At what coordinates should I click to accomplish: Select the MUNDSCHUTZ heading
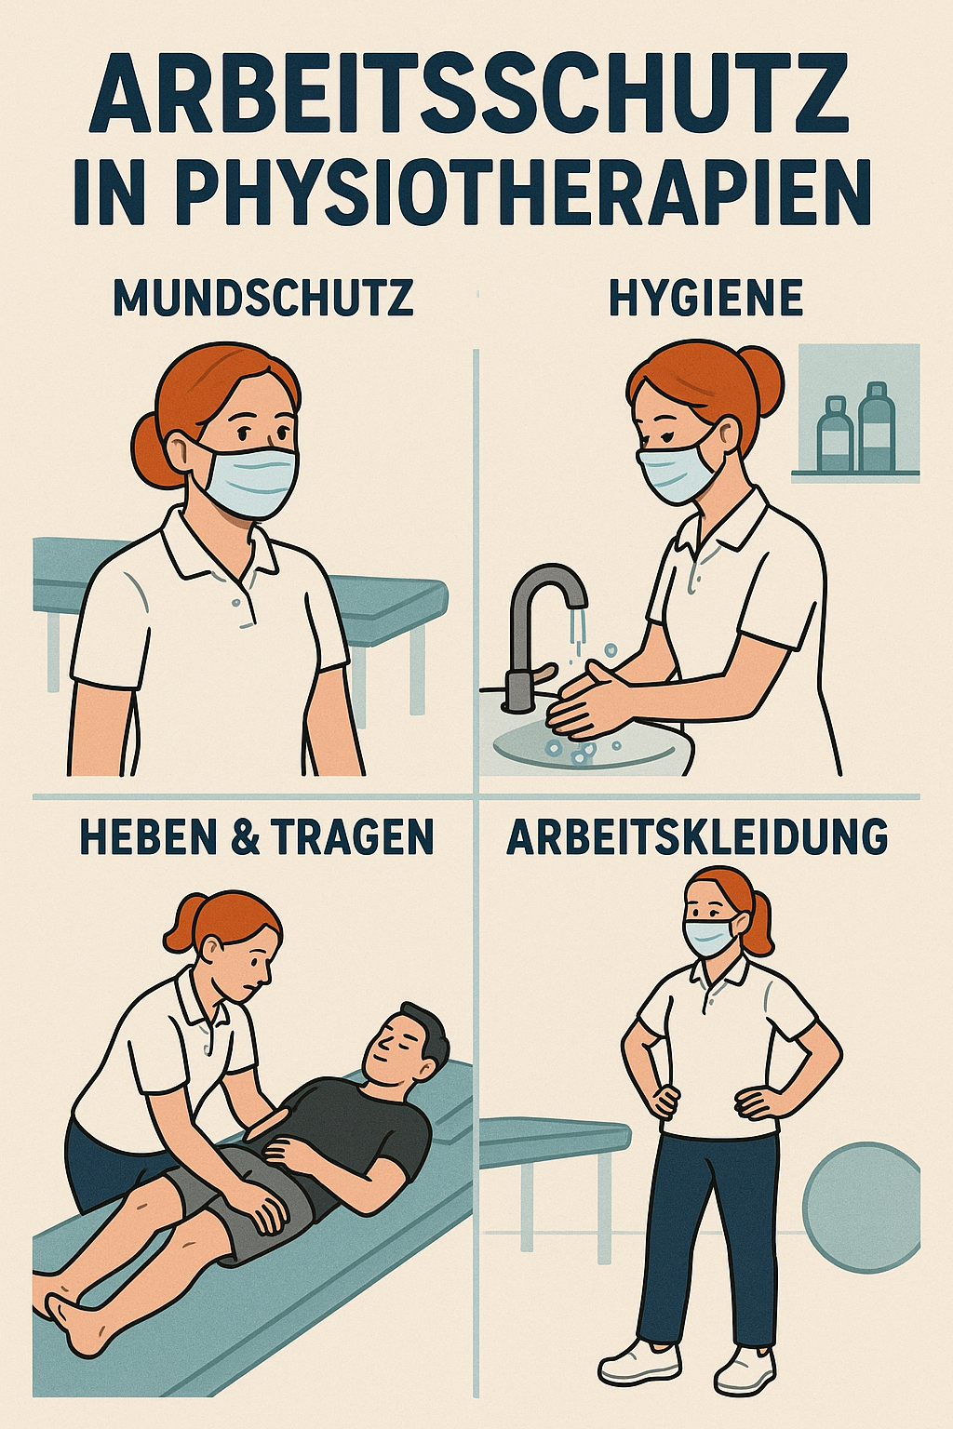coord(263,298)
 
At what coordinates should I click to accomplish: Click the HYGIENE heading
coord(706,298)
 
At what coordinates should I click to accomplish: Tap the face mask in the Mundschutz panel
coord(246,480)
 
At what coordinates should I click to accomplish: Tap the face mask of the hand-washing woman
coord(679,470)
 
